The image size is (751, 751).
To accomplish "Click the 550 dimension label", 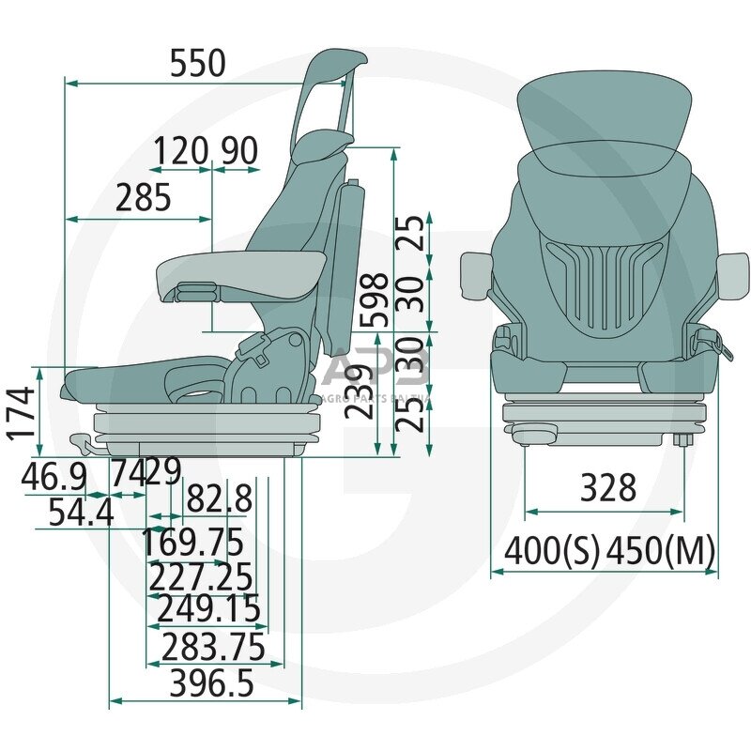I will [198, 63].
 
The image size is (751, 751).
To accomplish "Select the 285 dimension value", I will [144, 198].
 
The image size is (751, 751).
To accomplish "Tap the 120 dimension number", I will [181, 150].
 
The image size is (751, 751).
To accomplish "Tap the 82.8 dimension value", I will [219, 499].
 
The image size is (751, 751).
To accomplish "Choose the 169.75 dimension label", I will [192, 542].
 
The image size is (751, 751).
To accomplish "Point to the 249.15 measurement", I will [208, 609].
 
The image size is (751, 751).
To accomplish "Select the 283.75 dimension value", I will [214, 647].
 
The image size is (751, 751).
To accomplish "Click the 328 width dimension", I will [608, 488].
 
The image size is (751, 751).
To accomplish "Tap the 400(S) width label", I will [552, 550].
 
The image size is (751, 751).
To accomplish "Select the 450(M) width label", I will [661, 550].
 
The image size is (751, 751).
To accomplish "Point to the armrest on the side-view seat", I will [239, 271].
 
